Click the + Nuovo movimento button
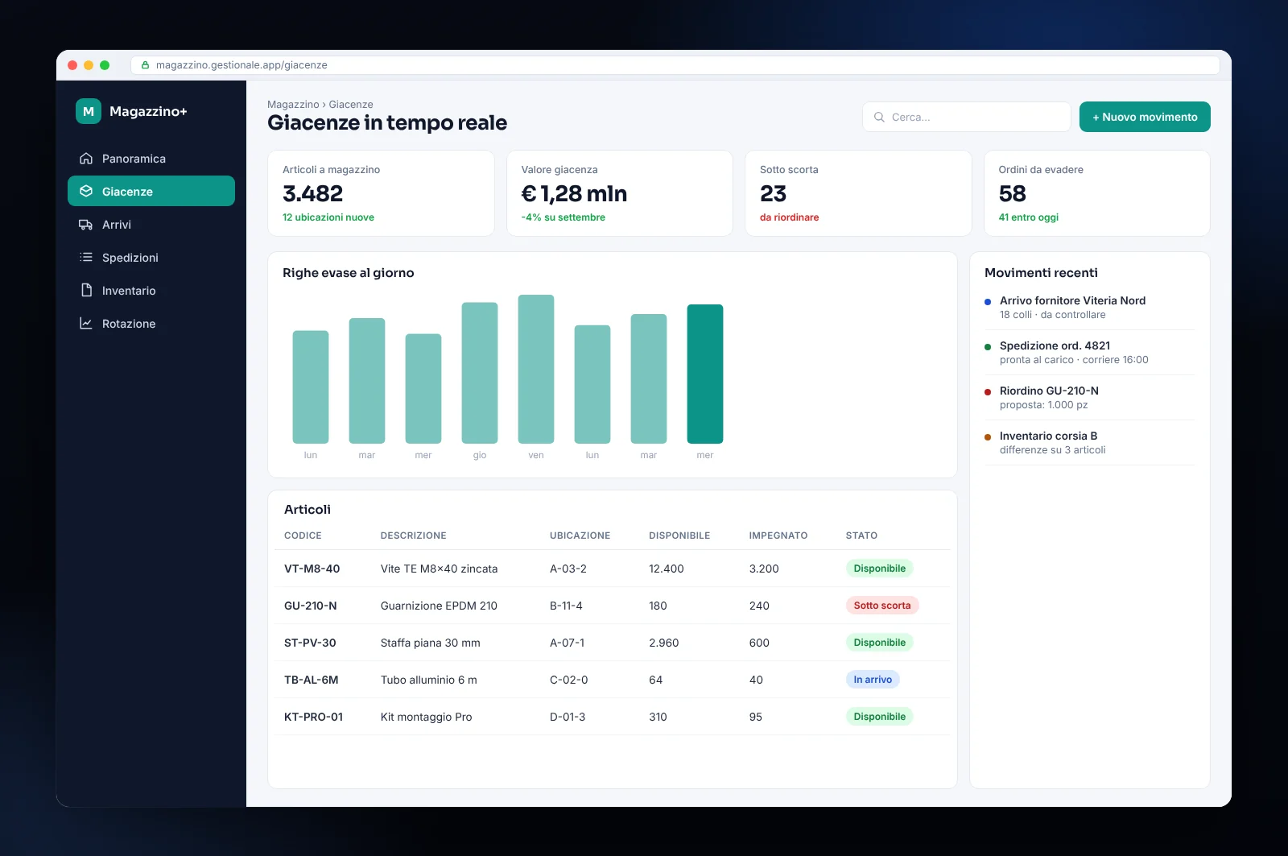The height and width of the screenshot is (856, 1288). click(x=1144, y=117)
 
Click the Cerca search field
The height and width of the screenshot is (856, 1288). click(x=966, y=117)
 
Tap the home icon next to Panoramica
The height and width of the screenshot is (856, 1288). click(x=85, y=158)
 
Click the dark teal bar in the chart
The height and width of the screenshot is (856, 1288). click(x=705, y=374)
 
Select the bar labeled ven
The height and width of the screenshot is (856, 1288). click(x=536, y=370)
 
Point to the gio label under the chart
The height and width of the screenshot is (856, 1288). click(x=480, y=455)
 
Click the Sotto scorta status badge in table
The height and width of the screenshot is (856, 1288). click(x=882, y=606)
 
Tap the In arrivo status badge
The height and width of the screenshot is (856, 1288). click(x=873, y=680)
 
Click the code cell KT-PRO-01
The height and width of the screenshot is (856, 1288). click(x=313, y=717)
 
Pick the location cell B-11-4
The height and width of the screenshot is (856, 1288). click(x=566, y=606)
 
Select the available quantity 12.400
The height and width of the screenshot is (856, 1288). click(x=667, y=569)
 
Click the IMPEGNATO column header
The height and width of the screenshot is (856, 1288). click(x=778, y=536)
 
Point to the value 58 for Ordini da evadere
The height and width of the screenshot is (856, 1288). click(x=1012, y=194)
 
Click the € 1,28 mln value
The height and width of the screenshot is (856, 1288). click(x=574, y=194)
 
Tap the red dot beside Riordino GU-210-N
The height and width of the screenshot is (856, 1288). click(x=988, y=392)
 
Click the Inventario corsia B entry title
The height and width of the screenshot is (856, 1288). click(x=1048, y=436)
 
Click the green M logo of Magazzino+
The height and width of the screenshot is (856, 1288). click(x=89, y=111)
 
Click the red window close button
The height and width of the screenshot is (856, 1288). click(x=72, y=65)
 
